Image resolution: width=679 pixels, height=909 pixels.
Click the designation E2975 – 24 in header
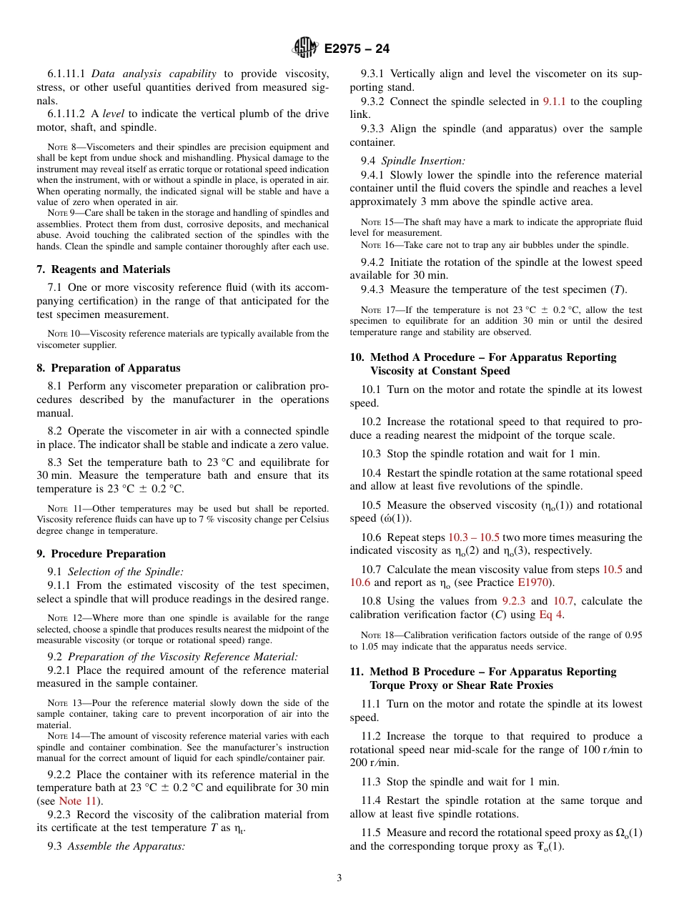pyautogui.click(x=357, y=49)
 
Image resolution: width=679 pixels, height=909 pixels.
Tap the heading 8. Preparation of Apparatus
pyautogui.click(x=108, y=368)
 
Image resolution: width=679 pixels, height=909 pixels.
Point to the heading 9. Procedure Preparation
pyautogui.click(x=101, y=554)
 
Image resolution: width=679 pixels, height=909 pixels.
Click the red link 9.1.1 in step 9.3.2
pyautogui.click(x=554, y=101)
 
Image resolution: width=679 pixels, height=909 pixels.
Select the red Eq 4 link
pyautogui.click(x=551, y=615)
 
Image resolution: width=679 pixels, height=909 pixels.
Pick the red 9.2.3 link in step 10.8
pyautogui.click(x=514, y=601)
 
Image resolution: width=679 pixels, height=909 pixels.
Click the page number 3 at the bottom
pyautogui.click(x=339, y=878)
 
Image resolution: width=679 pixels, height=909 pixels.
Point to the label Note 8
pyautogui.click(x=61, y=147)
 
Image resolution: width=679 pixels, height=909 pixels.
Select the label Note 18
pyautogui.click(x=376, y=635)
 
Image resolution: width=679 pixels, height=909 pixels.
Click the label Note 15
pyautogui.click(x=376, y=222)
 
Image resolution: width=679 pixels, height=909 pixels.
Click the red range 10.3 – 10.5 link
pyautogui.click(x=473, y=537)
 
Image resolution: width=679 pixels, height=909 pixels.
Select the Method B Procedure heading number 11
pyautogui.click(x=356, y=672)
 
